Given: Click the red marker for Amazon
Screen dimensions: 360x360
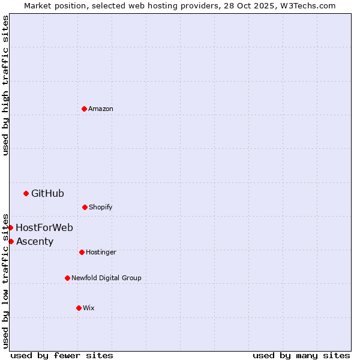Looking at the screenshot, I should click(x=84, y=109).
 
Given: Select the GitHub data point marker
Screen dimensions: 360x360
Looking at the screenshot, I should click(x=26, y=193).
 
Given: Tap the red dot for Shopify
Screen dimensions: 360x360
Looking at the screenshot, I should click(x=85, y=207).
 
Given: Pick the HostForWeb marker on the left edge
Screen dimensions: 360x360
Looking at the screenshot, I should click(x=10, y=227).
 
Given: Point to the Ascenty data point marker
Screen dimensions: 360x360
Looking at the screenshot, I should click(x=11, y=241).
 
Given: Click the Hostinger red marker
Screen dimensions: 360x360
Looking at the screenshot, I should click(x=82, y=252).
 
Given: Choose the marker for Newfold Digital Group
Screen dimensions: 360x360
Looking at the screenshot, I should click(x=67, y=278).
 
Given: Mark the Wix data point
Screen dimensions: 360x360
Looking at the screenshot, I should click(x=79, y=308).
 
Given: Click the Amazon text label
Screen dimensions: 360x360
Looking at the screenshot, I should click(x=101, y=109).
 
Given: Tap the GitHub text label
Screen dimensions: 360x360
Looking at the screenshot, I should click(x=47, y=193).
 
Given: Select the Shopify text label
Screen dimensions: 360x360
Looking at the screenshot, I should click(x=101, y=207).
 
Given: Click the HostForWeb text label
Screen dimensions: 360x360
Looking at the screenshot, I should click(x=44, y=227).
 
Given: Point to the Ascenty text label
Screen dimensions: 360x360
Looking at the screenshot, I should click(x=35, y=241).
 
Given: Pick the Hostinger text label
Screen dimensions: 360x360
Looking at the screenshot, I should click(x=101, y=252).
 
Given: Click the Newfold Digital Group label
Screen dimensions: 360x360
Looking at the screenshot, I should click(x=106, y=278).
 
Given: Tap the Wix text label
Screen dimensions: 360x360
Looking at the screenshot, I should click(x=89, y=308).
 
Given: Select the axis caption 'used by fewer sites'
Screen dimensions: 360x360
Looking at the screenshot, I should click(x=62, y=355).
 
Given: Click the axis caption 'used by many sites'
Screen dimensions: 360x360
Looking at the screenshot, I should click(x=301, y=355).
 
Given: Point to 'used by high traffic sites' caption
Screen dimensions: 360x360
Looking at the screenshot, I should click(x=5, y=85).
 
